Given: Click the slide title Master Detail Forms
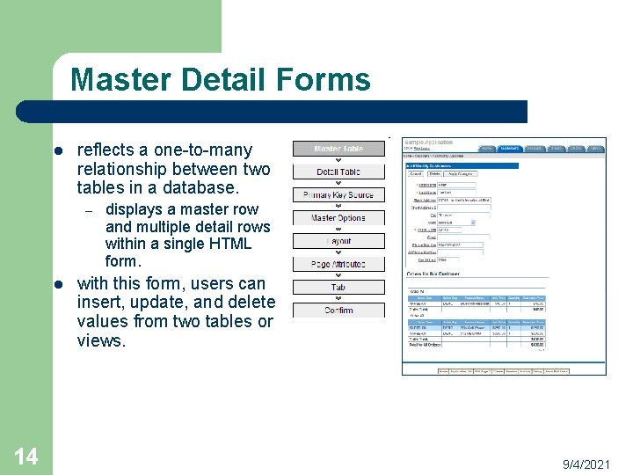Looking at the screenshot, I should [220, 80].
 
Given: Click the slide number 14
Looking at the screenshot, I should [26, 456].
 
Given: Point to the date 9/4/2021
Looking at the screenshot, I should [586, 463].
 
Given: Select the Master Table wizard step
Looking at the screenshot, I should [338, 149].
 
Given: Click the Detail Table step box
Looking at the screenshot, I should [338, 172].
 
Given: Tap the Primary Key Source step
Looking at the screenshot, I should [338, 194].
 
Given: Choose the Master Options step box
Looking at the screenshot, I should [338, 217].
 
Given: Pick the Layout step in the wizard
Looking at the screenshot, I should [338, 241].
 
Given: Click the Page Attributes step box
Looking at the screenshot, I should [338, 264].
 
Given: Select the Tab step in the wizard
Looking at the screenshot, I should [338, 287].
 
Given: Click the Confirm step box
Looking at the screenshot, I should [338, 310].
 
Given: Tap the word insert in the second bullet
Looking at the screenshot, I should [98, 303].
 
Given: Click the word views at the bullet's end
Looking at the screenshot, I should [101, 340].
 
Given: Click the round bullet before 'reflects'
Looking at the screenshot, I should [57, 150].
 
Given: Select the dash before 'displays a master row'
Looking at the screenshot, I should [86, 210].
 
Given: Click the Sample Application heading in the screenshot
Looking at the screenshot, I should [428, 142].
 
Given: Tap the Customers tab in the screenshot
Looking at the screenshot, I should [510, 150].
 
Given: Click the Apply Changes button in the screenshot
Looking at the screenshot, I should [461, 174].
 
